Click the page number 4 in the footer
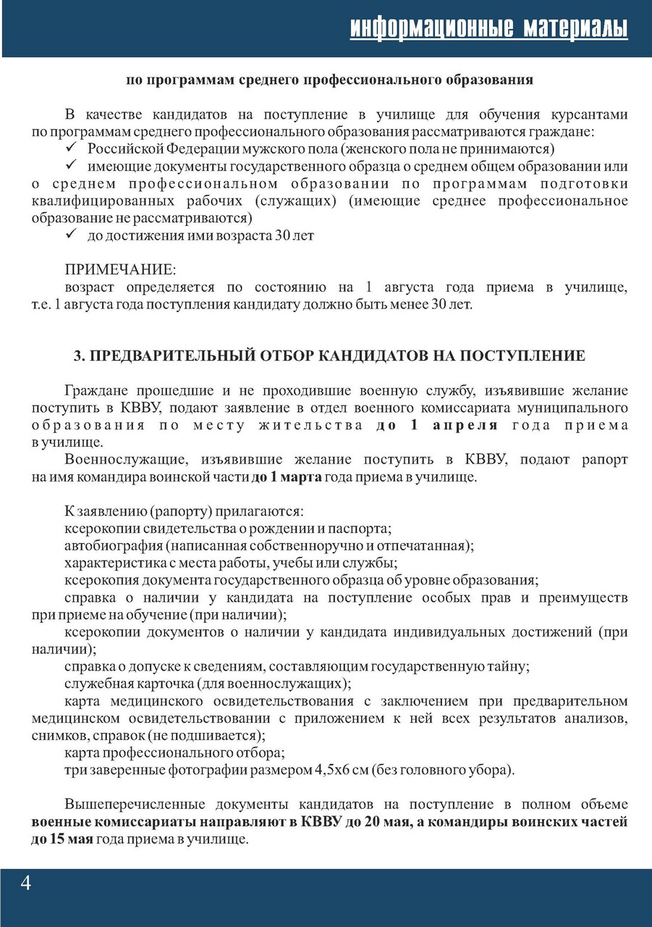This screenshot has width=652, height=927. click(26, 884)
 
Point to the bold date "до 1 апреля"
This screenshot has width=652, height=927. click(437, 426)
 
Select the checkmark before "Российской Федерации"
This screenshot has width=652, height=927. click(72, 149)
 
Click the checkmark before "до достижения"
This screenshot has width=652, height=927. click(72, 235)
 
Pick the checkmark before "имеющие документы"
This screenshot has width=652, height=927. click(72, 166)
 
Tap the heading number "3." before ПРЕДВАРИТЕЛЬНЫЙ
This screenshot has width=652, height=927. click(80, 356)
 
